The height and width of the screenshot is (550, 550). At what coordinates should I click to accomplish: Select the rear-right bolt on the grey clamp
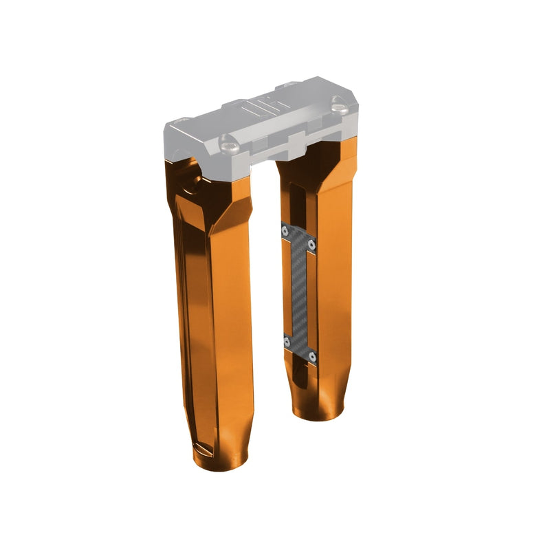337,106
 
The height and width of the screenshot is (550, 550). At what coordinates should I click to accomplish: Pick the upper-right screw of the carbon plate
312,244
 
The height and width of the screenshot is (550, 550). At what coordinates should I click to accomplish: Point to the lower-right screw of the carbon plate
312,355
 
